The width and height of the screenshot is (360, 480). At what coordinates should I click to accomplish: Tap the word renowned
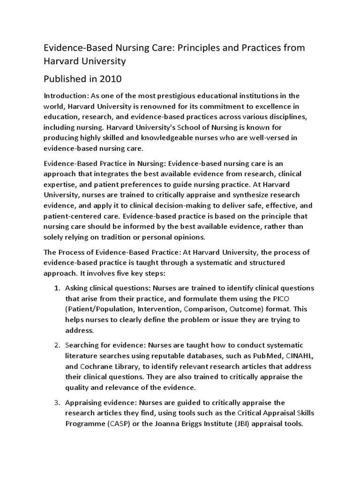coord(169,106)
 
